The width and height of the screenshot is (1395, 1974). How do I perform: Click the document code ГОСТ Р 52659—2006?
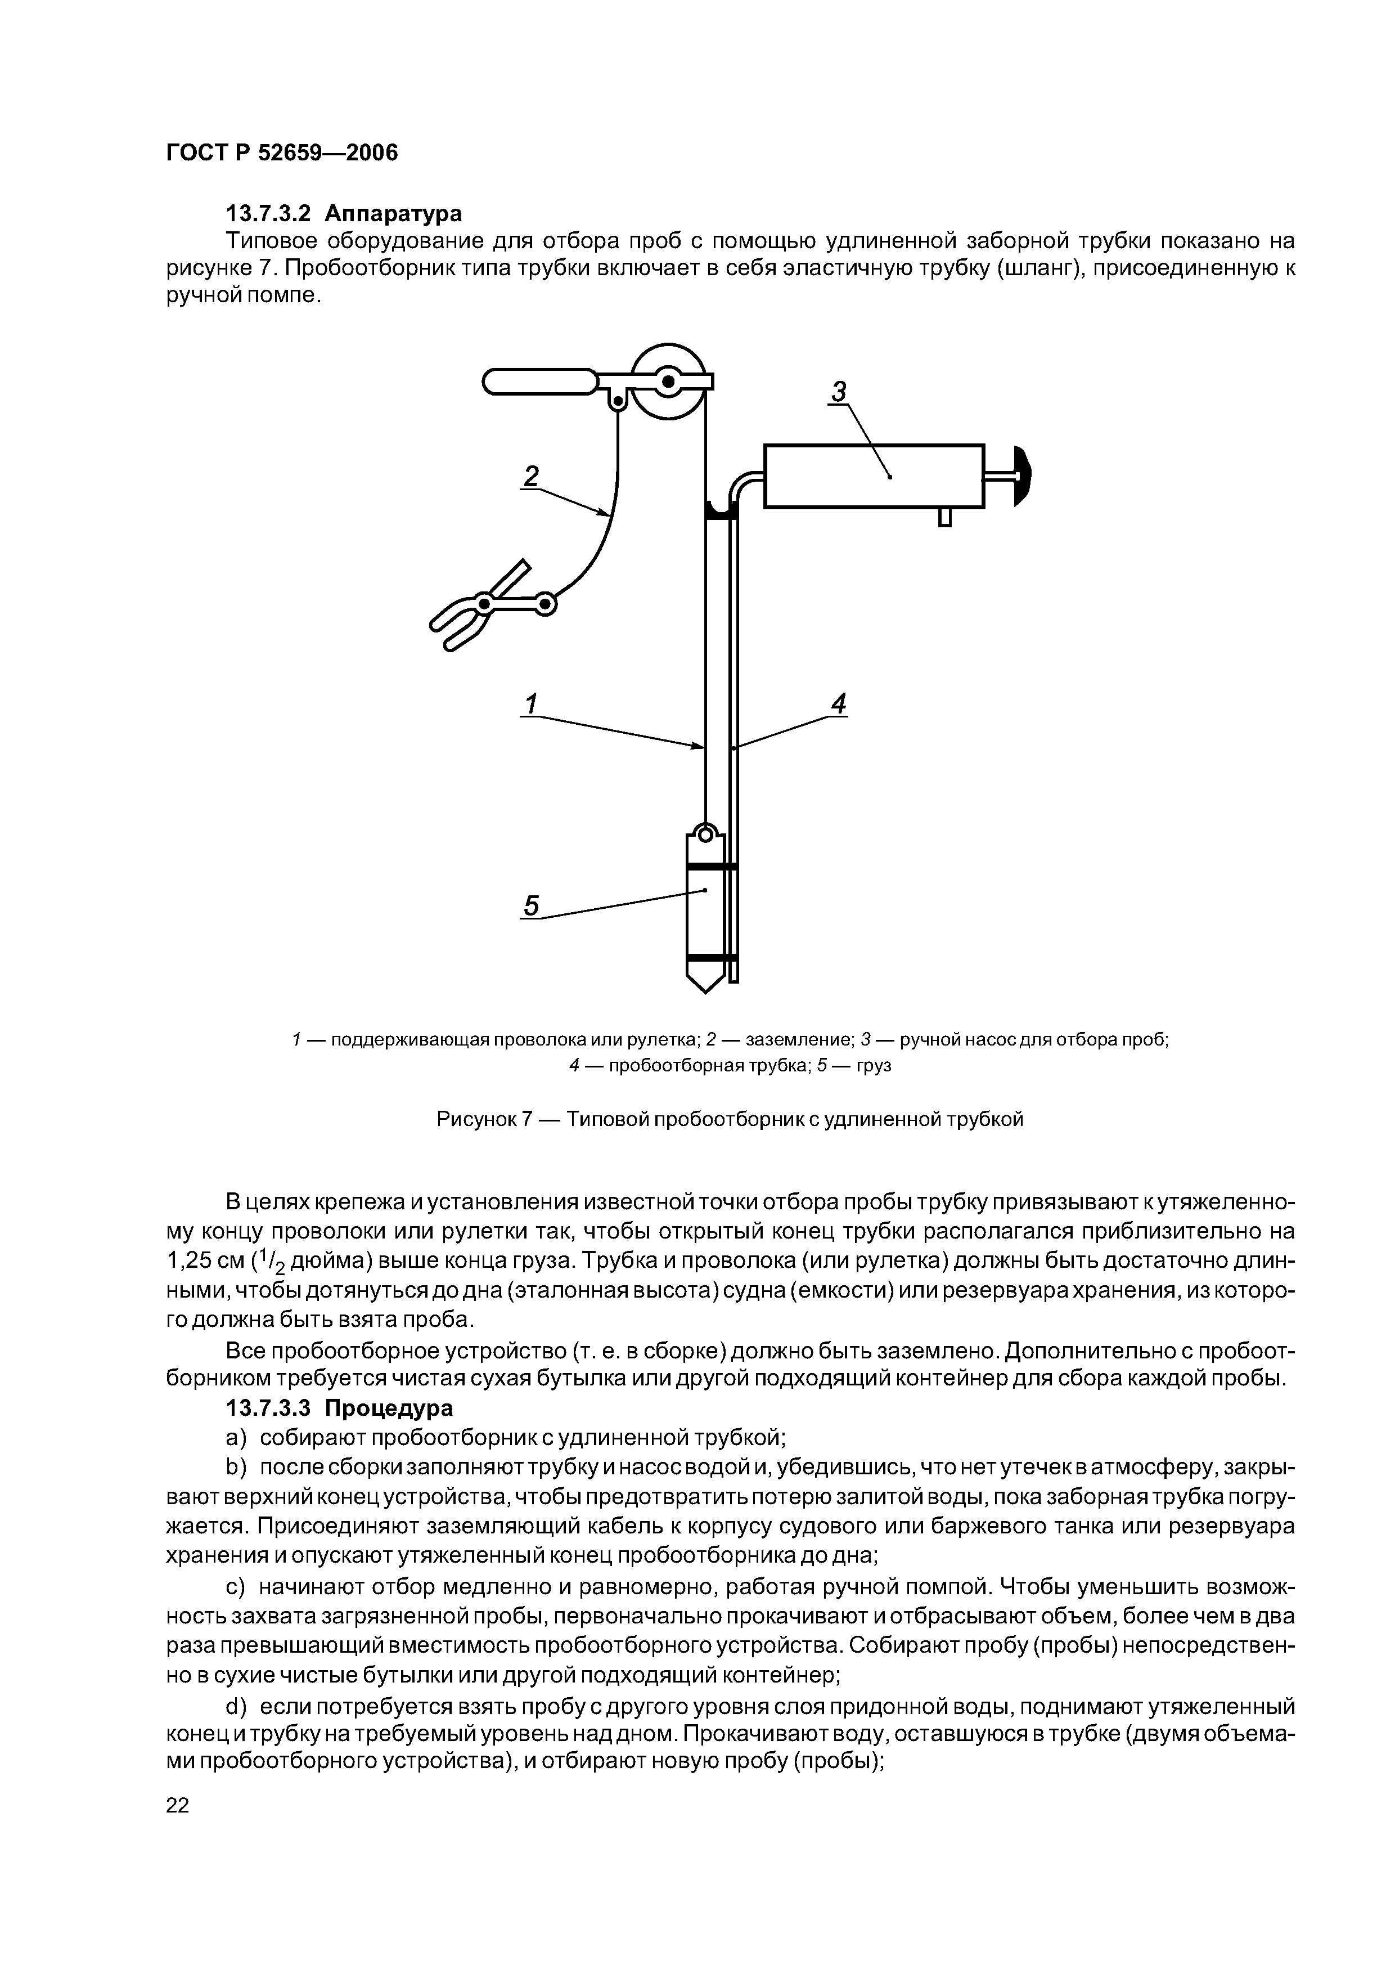(x=282, y=153)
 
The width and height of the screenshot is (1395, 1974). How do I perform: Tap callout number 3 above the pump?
(x=838, y=392)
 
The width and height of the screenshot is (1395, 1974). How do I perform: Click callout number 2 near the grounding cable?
(x=531, y=476)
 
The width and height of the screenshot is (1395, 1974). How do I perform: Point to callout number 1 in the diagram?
(x=531, y=704)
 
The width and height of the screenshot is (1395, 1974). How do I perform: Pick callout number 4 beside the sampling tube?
(x=839, y=704)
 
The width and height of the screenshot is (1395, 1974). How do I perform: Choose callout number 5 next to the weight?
(x=531, y=906)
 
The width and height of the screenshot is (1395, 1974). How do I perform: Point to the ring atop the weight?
(x=705, y=833)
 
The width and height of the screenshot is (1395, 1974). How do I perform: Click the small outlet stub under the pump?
(x=944, y=517)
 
